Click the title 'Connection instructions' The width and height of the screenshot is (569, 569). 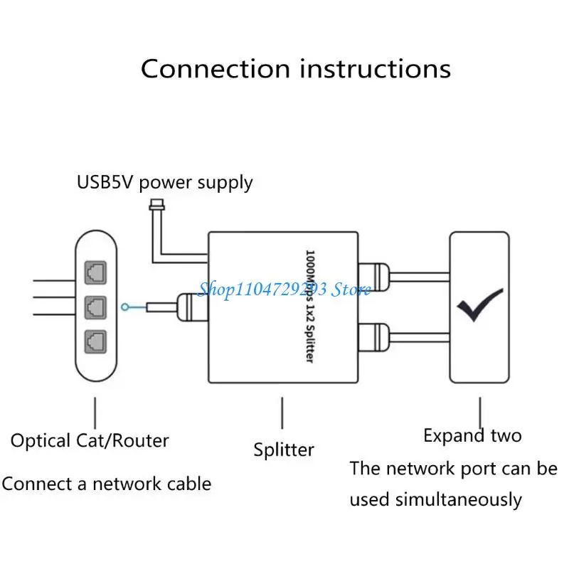[295, 69]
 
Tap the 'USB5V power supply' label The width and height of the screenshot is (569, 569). [164, 182]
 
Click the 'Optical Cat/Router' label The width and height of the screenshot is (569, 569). [90, 440]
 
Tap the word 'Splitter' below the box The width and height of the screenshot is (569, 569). [284, 450]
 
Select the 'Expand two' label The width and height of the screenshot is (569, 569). [472, 435]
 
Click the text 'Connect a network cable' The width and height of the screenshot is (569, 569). [107, 484]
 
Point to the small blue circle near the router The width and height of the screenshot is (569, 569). [126, 307]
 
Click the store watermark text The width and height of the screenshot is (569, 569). [284, 289]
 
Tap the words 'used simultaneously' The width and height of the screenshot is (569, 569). [435, 499]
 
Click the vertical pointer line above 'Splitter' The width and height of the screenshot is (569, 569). [283, 413]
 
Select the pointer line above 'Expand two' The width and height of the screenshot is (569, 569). [481, 410]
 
